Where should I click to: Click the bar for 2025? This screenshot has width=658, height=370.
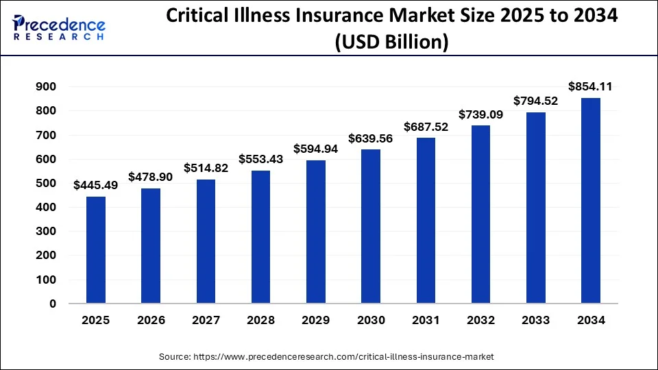(x=96, y=250)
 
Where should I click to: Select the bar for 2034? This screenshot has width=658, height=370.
(x=590, y=201)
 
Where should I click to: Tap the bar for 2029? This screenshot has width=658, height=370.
(x=316, y=232)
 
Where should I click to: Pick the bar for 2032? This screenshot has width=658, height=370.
(x=480, y=214)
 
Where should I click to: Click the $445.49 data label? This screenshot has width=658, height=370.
(x=96, y=184)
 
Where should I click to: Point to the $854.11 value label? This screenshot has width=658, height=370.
(x=590, y=86)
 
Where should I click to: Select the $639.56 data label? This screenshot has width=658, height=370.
(x=371, y=138)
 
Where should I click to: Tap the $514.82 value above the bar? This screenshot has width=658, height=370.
(x=206, y=168)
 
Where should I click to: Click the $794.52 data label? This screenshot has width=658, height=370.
(x=535, y=101)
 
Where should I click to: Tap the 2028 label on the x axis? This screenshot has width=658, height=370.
(x=260, y=320)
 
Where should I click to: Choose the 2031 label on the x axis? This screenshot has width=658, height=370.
(x=426, y=320)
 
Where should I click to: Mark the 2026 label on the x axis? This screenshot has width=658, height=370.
(x=151, y=320)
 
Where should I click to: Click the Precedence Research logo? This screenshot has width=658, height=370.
(x=59, y=27)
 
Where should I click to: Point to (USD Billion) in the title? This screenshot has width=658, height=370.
(x=391, y=42)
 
